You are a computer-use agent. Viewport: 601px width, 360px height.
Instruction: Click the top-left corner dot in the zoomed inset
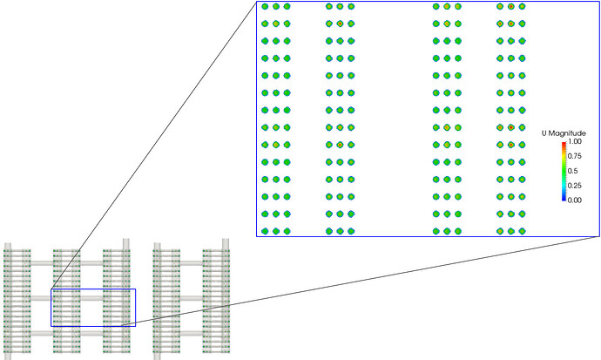[x=265, y=7]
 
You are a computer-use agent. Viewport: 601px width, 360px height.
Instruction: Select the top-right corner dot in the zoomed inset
[x=523, y=7]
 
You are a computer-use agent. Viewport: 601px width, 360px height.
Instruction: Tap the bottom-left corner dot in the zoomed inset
[x=265, y=231]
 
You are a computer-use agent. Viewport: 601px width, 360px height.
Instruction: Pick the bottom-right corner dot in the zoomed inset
[x=523, y=231]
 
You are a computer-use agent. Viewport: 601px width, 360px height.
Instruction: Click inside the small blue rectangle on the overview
[x=92, y=307]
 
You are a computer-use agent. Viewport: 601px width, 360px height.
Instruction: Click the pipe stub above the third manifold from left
[x=127, y=242]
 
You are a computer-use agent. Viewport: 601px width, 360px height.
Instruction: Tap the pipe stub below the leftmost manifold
[x=8, y=354]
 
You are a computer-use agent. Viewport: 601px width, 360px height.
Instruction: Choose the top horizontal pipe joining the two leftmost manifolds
[x=42, y=262]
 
